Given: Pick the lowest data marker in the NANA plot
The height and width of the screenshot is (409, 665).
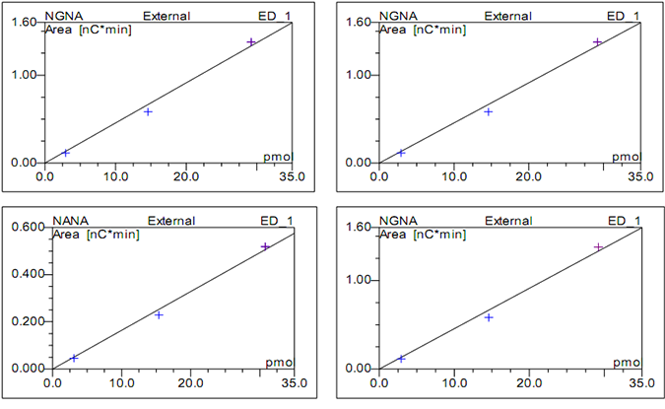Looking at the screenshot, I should (x=74, y=358).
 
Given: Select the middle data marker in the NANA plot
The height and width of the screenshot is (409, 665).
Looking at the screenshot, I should (x=159, y=314).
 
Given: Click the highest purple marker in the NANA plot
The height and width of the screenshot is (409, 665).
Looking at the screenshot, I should (x=265, y=246).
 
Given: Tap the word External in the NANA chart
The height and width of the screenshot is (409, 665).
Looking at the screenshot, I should (x=170, y=221).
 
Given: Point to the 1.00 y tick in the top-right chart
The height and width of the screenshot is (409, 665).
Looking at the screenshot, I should (x=360, y=75).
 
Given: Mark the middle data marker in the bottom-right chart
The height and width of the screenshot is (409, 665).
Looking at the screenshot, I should (x=488, y=317).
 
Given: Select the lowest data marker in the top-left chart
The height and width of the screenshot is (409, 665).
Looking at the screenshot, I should (x=66, y=153).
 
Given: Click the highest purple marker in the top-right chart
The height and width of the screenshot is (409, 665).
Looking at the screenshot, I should (x=597, y=41).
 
